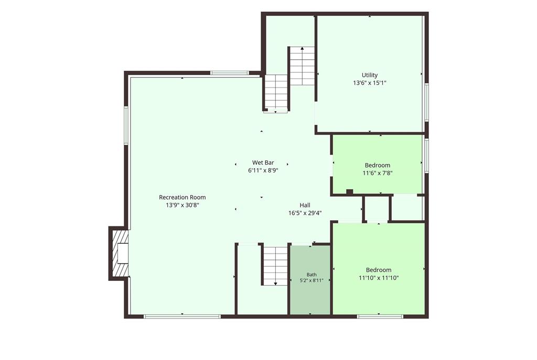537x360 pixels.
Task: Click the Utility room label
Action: click(370, 75)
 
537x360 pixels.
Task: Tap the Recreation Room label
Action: click(182, 197)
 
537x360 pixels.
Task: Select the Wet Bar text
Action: click(263, 162)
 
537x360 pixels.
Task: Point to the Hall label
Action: click(305, 205)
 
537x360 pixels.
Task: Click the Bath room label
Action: click(312, 275)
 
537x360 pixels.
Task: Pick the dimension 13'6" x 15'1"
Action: click(370, 83)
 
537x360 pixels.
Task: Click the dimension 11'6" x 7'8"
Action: click(378, 173)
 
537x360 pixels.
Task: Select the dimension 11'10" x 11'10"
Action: click(379, 278)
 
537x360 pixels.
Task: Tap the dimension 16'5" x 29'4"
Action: click(305, 213)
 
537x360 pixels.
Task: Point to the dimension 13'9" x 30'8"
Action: click(182, 205)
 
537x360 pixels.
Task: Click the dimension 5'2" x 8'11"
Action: click(312, 280)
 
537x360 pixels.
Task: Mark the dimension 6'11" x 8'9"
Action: click(263, 170)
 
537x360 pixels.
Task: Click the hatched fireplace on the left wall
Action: click(119, 253)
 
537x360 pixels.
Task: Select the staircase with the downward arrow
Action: click(275, 266)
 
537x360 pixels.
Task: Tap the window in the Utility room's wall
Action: click(427, 102)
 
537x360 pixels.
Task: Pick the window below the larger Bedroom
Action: click(380, 317)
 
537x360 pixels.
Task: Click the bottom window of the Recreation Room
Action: click(182, 317)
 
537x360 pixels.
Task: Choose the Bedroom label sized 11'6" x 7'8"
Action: click(378, 165)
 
